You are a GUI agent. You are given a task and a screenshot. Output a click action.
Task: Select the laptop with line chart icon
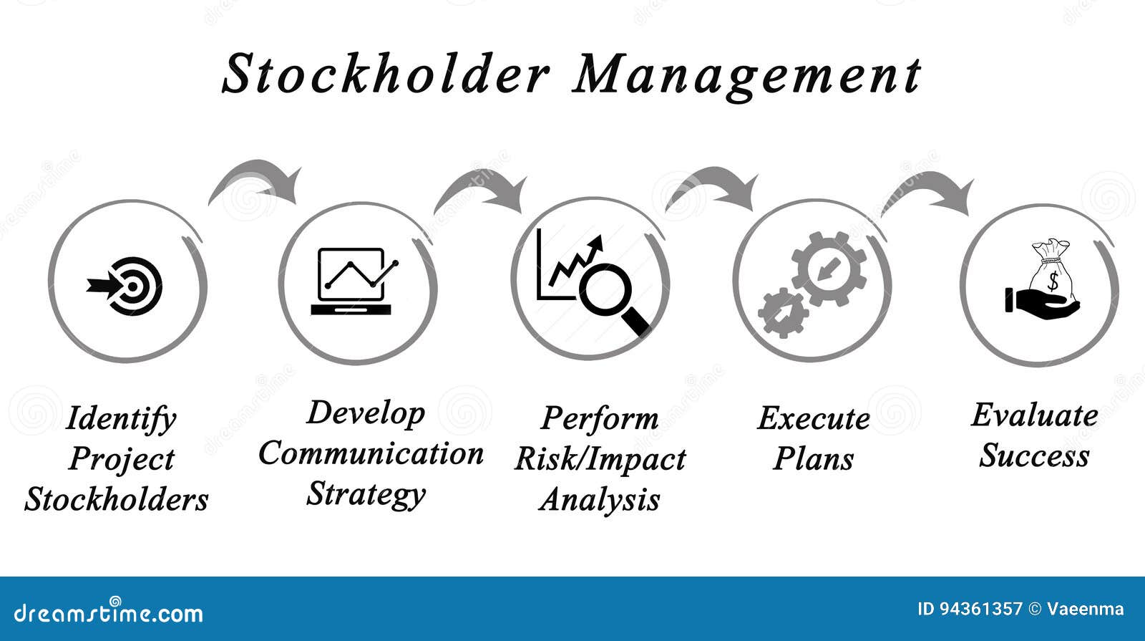tap(353, 281)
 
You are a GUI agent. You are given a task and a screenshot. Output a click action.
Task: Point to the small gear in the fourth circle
tap(783, 313)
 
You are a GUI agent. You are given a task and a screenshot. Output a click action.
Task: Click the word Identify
tap(120, 419)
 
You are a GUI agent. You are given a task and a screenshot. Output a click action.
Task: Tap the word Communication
tap(371, 454)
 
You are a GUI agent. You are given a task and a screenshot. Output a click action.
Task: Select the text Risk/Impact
tap(600, 459)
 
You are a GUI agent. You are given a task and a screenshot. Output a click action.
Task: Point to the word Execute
tap(813, 418)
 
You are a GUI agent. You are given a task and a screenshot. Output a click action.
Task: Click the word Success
tap(1034, 456)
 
